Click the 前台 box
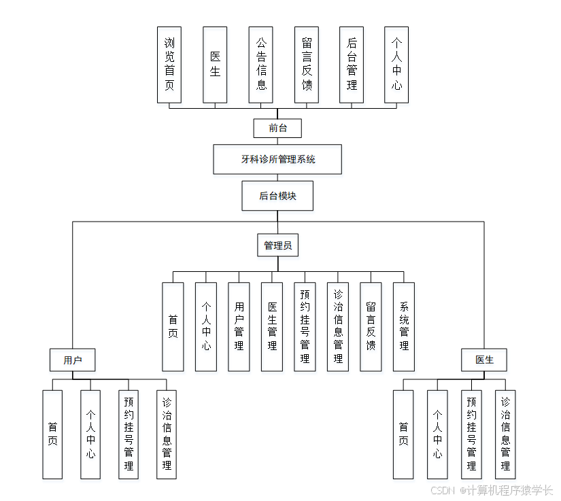click(277, 128)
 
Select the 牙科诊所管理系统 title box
click(277, 159)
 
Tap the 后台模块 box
click(277, 196)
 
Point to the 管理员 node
click(277, 245)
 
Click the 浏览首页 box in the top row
click(169, 65)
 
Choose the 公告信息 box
click(260, 65)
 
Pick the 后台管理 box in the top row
click(351, 65)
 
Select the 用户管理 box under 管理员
click(239, 326)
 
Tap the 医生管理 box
click(272, 326)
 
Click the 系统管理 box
click(404, 326)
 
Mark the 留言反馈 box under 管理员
click(371, 326)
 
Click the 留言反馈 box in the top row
click(306, 65)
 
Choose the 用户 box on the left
click(72, 360)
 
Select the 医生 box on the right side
click(484, 360)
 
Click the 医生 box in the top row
click(215, 65)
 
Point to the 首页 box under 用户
click(52, 434)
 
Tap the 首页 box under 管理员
click(173, 326)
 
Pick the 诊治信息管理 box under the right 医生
click(505, 434)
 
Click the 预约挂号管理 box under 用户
click(129, 434)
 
